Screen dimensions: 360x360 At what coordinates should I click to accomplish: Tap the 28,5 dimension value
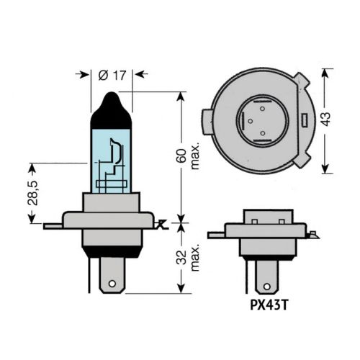pyautogui.click(x=32, y=193)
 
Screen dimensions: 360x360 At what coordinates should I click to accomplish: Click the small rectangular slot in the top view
pyautogui.click(x=305, y=119)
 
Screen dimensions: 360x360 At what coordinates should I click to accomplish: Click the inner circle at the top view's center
pyautogui.click(x=261, y=118)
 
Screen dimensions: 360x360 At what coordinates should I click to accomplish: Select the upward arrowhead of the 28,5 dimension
pyautogui.click(x=32, y=168)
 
